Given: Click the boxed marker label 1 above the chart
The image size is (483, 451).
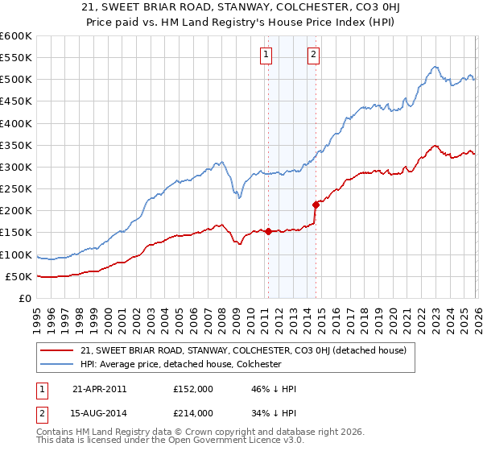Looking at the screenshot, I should click(266, 55).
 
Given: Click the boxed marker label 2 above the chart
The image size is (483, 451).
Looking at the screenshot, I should click(313, 55).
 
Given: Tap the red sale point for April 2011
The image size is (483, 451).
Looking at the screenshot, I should click(268, 232).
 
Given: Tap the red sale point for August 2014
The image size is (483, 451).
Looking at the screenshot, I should click(316, 205).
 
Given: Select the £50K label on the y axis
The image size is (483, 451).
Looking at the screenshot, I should click(19, 276).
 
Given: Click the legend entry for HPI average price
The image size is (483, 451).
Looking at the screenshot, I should click(180, 364).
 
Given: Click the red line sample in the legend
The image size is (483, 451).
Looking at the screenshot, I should click(58, 350).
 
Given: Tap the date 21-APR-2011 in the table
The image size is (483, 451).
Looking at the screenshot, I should click(99, 388).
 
